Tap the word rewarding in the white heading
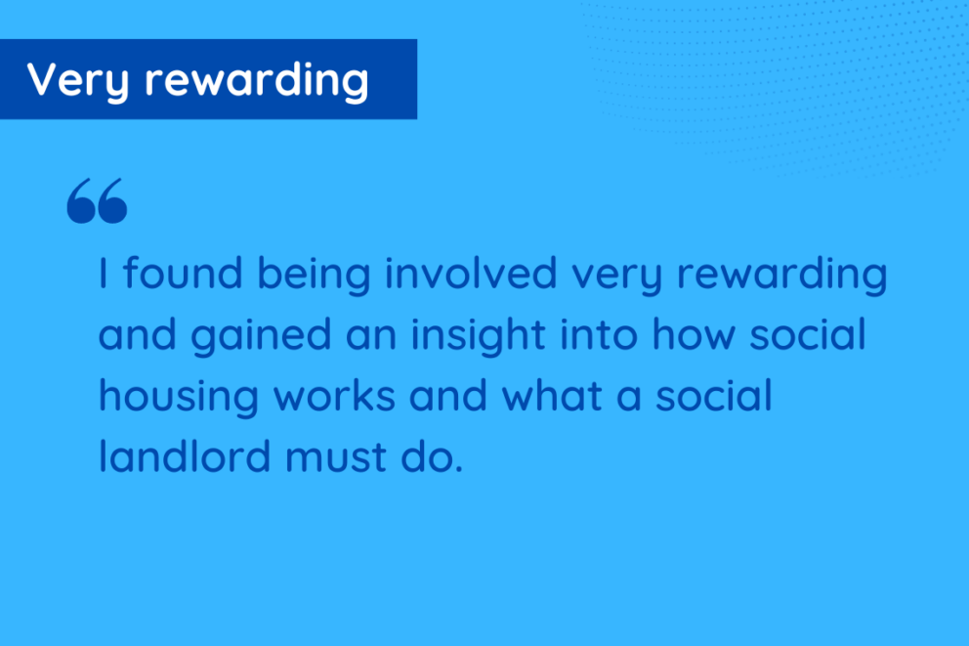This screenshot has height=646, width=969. pyautogui.click(x=257, y=80)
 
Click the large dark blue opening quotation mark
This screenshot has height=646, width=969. pyautogui.click(x=97, y=201)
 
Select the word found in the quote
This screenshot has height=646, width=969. pyautogui.click(x=183, y=273)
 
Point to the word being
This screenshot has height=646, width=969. pyautogui.click(x=314, y=274)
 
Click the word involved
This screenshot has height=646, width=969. pyautogui.click(x=472, y=273)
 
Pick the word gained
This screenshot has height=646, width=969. pyautogui.click(x=261, y=335)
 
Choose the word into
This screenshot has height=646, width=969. pyautogui.click(x=599, y=334)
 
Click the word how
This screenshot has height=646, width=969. pyautogui.click(x=694, y=334)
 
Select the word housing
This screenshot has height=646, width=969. pyautogui.click(x=179, y=396)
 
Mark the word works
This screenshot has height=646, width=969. pyautogui.click(x=334, y=395)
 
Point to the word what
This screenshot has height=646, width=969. pyautogui.click(x=552, y=395)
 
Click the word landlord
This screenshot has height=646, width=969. pyautogui.click(x=185, y=456)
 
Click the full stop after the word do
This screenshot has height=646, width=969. pyautogui.click(x=459, y=470)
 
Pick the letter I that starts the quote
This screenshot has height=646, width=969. pyautogui.click(x=104, y=273)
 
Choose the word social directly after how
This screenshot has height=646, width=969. pyautogui.click(x=808, y=334)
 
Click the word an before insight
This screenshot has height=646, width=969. pyautogui.click(x=371, y=338)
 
